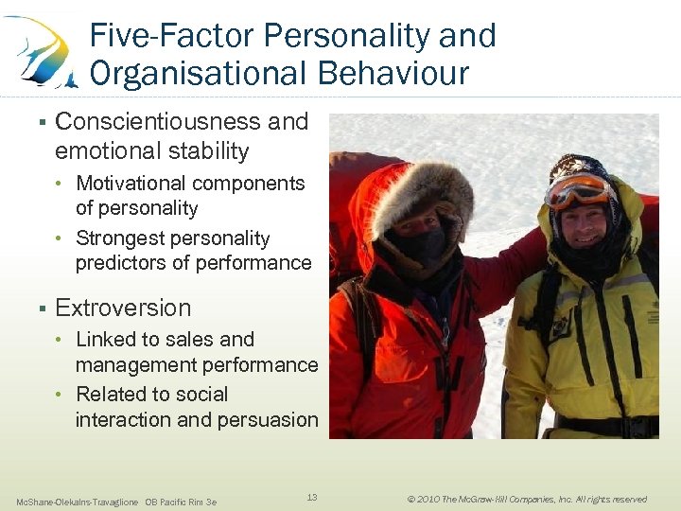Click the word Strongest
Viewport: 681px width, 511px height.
click(x=119, y=238)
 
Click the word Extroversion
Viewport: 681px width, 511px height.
click(x=123, y=308)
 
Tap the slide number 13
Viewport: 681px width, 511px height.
click(x=313, y=497)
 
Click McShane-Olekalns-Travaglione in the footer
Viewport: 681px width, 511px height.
click(x=78, y=502)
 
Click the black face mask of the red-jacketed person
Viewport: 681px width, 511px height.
click(x=420, y=248)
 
